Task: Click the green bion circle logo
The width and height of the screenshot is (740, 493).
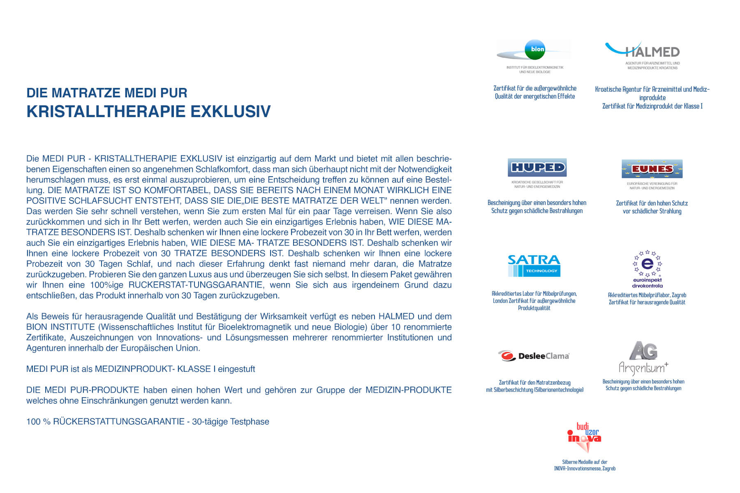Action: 535,49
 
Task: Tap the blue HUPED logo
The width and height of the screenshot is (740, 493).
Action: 537,168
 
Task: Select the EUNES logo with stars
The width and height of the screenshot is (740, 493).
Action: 652,169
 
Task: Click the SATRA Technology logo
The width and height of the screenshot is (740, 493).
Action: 534,265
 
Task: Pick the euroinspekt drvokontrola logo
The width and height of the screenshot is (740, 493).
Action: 647,269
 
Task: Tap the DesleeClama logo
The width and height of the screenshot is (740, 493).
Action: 534,356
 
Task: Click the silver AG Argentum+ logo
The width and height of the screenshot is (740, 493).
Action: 643,358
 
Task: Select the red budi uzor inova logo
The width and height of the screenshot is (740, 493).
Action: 584,437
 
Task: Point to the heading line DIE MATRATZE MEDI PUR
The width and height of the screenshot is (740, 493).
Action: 107,93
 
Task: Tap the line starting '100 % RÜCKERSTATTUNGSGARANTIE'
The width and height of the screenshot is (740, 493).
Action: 148,422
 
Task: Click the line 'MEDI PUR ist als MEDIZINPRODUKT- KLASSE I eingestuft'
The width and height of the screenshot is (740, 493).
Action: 141,369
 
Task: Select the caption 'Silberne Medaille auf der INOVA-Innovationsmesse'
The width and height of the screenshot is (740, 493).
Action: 585,465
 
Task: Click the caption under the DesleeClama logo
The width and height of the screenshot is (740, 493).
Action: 534,386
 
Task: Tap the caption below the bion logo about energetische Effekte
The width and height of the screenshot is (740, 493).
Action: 535,92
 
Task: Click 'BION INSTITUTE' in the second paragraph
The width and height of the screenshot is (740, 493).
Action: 60,327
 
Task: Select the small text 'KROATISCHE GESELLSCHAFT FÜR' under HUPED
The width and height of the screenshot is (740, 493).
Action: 537,182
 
